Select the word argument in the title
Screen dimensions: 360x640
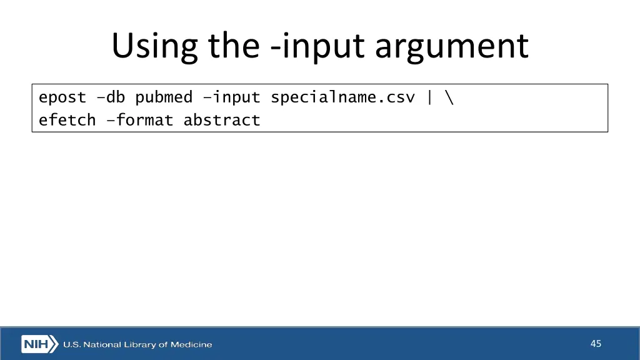point(451,47)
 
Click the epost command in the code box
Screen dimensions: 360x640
point(62,97)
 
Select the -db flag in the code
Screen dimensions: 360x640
point(111,97)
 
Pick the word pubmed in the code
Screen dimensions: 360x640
point(164,97)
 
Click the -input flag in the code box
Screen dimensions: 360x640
point(231,97)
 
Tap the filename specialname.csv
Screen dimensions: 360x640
point(342,97)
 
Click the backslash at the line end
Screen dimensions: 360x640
point(449,97)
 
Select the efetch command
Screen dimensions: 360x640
point(67,120)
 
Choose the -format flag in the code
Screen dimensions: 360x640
point(139,120)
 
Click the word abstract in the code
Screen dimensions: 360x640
point(222,120)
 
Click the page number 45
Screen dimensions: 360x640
point(596,344)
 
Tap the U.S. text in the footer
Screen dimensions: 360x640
point(71,344)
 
